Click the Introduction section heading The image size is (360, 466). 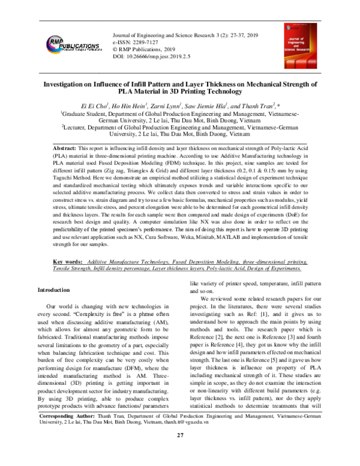pos(58,290)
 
